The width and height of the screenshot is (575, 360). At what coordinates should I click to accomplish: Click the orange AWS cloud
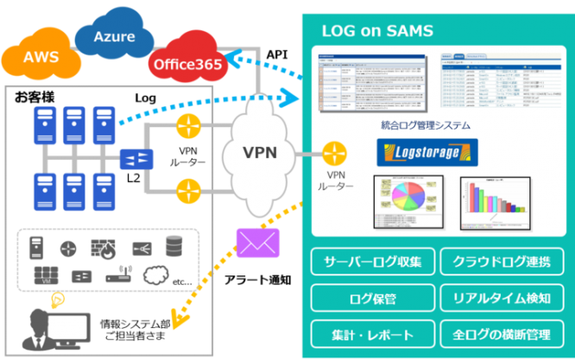pyautogui.click(x=41, y=57)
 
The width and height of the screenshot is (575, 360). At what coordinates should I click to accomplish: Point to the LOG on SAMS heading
pyautogui.click(x=377, y=32)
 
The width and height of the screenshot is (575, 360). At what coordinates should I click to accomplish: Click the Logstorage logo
pyautogui.click(x=428, y=154)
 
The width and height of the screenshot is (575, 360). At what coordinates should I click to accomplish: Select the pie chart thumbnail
pyautogui.click(x=408, y=201)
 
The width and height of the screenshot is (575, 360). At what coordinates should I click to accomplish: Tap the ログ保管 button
pyautogui.click(x=370, y=298)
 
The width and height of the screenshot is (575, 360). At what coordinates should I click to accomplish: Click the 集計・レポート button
pyautogui.click(x=370, y=332)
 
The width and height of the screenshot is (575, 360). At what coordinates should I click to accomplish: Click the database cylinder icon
pyautogui.click(x=174, y=246)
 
